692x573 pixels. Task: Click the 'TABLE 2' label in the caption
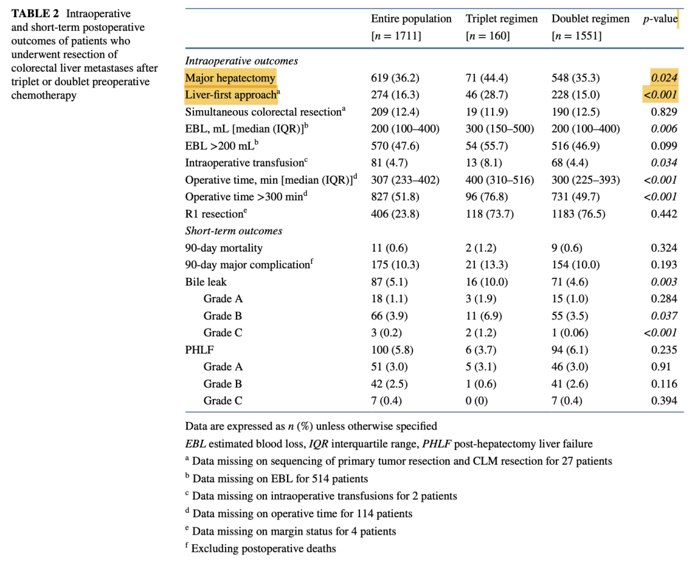(x=37, y=13)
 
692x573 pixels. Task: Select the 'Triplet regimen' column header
(x=502, y=19)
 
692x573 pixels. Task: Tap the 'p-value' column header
(x=660, y=19)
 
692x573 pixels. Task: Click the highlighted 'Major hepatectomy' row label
(x=230, y=78)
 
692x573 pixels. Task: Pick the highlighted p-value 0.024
(x=664, y=78)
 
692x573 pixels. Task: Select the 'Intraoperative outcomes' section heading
(x=242, y=61)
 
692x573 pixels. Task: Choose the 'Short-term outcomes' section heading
(x=234, y=230)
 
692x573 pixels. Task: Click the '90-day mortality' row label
(x=224, y=248)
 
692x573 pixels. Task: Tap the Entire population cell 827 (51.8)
(x=395, y=197)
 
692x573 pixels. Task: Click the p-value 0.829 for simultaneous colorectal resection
(x=664, y=112)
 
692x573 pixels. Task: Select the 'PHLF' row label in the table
(x=199, y=350)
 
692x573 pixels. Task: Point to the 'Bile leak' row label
(x=206, y=282)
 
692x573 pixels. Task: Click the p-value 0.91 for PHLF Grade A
(x=667, y=367)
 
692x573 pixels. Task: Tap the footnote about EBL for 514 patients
(x=279, y=478)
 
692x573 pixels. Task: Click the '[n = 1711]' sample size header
(x=396, y=36)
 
